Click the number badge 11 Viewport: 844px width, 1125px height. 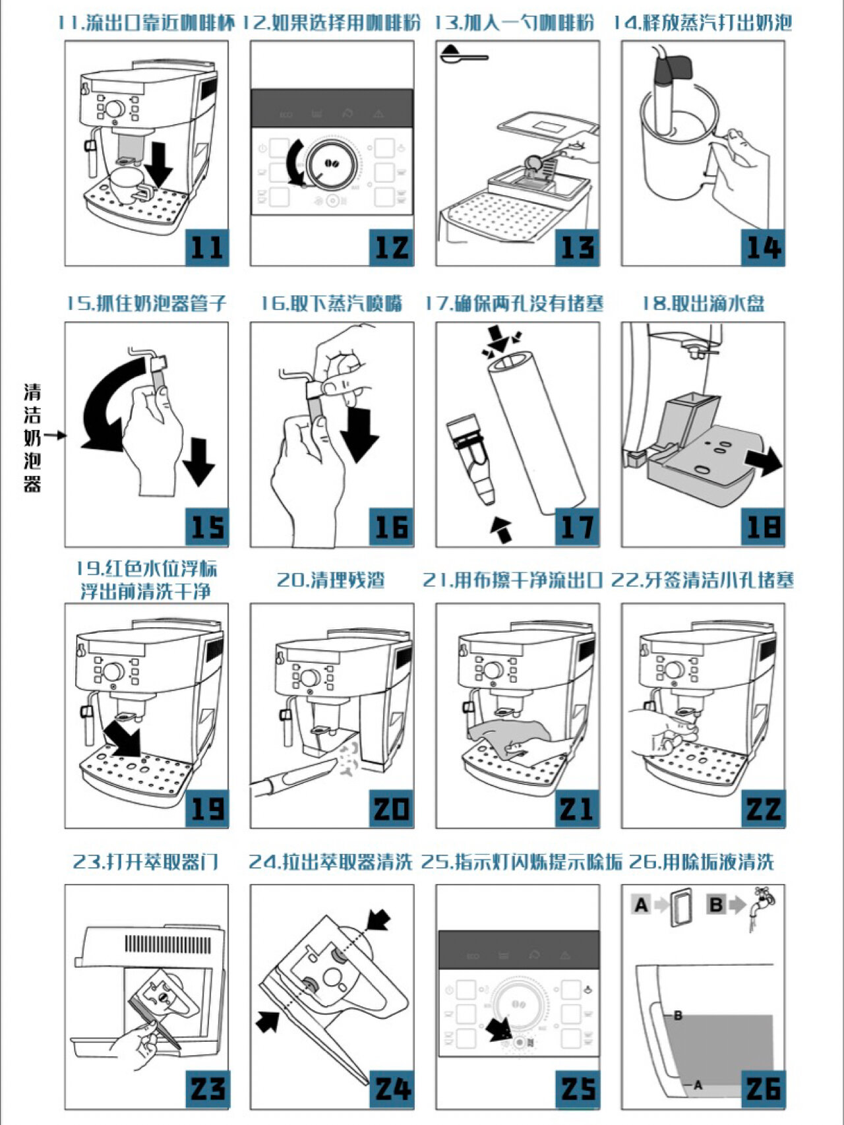206,248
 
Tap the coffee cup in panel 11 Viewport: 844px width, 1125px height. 127,179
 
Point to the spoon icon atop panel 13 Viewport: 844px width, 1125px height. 463,54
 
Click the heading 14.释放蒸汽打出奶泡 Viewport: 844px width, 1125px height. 703,23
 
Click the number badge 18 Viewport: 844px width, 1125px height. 763,527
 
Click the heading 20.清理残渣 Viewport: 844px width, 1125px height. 331,580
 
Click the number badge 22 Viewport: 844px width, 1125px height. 763,808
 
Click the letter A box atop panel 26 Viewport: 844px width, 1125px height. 641,905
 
